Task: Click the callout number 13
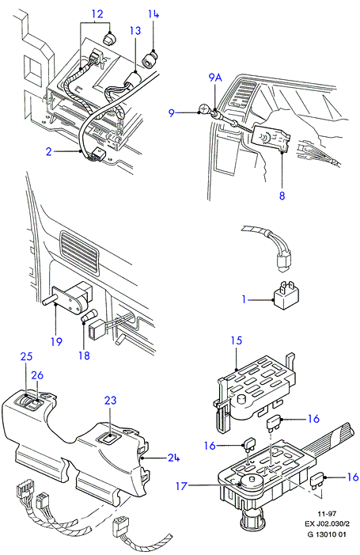click(135, 31)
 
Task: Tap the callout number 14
click(153, 14)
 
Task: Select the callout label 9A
click(215, 78)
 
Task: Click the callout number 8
click(282, 196)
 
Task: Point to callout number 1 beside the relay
click(244, 299)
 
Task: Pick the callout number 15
click(237, 340)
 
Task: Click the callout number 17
click(181, 486)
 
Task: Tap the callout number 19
click(57, 341)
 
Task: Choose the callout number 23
click(110, 401)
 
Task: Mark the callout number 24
click(173, 458)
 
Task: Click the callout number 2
click(49, 151)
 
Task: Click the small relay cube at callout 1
click(286, 295)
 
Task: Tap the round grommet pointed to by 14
click(150, 59)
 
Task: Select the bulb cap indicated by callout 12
click(110, 38)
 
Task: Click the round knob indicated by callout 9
click(204, 108)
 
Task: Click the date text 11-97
click(327, 512)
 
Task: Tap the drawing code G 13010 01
click(327, 534)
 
